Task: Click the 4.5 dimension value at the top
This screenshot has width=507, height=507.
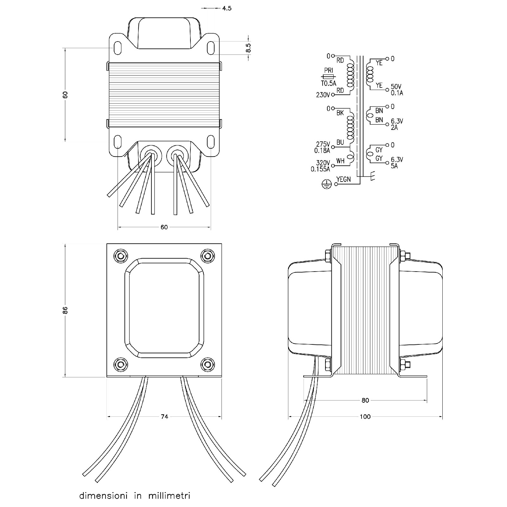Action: (x=227, y=8)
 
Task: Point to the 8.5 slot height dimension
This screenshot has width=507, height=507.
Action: (x=248, y=48)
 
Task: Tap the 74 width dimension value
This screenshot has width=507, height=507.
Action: (x=164, y=417)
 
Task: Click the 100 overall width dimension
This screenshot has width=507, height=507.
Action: (x=365, y=417)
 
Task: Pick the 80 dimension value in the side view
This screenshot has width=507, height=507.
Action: (x=365, y=400)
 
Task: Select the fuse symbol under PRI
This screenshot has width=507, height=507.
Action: (x=328, y=77)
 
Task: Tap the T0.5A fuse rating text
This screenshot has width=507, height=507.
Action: (x=328, y=84)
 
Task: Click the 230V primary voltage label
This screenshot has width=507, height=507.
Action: (x=323, y=95)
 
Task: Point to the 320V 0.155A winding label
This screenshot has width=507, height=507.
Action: (x=321, y=166)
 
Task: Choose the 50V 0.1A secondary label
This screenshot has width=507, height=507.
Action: (x=397, y=90)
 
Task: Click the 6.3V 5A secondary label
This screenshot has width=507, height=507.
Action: (x=397, y=163)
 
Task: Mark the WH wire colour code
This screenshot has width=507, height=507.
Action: (x=340, y=161)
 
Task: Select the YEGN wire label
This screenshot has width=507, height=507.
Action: (x=343, y=179)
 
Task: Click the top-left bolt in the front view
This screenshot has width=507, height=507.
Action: (x=121, y=255)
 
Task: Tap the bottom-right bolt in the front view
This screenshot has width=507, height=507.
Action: (x=208, y=364)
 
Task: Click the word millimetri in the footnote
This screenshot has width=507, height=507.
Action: (x=169, y=496)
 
